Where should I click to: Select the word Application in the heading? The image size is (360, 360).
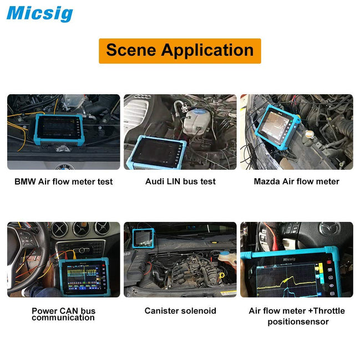pyautogui.click(x=207, y=51)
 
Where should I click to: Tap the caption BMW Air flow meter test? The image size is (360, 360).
pyautogui.click(x=63, y=181)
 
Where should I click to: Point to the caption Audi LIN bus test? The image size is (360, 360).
pyautogui.click(x=180, y=181)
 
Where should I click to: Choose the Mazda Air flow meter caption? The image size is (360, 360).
pyautogui.click(x=296, y=181)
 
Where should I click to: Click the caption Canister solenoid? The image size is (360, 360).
pyautogui.click(x=180, y=311)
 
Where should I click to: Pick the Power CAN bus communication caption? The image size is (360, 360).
pyautogui.click(x=63, y=314)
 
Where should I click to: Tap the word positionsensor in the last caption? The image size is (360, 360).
pyautogui.click(x=298, y=322)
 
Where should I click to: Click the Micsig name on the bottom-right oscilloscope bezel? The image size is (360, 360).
pyautogui.click(x=293, y=258)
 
